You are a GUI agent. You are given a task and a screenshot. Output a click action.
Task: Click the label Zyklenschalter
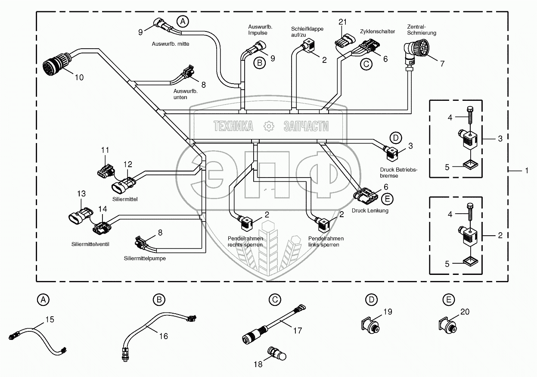point(377,31)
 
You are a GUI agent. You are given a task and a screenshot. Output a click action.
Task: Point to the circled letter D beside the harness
point(395,138)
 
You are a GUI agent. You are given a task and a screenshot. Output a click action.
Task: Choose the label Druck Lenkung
point(370,211)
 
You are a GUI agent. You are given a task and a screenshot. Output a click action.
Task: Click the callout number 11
point(106,150)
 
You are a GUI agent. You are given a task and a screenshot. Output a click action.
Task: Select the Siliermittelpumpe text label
point(144,259)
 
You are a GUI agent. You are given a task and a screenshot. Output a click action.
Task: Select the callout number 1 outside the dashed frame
point(526,171)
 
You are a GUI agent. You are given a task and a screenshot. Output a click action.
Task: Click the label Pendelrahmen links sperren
point(326,241)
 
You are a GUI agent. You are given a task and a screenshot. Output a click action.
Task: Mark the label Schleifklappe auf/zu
point(307,32)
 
